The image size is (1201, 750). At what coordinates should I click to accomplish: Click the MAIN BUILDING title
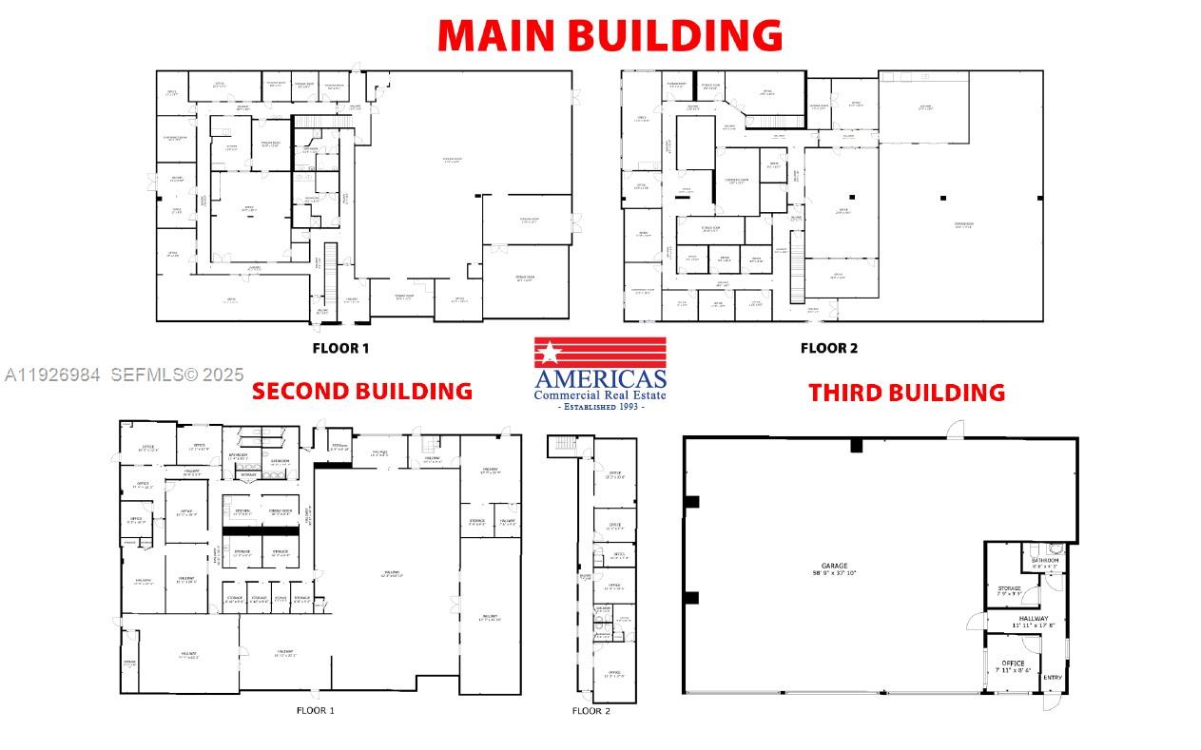click(610, 34)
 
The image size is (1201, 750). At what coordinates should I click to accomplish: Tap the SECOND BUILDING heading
click(361, 391)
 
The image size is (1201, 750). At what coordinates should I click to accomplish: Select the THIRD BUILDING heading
click(906, 392)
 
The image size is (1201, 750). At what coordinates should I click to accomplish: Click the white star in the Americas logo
click(549, 354)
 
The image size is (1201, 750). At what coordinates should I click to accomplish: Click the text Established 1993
click(600, 407)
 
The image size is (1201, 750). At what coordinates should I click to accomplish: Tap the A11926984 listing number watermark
click(52, 375)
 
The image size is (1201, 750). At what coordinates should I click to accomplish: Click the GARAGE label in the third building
click(834, 567)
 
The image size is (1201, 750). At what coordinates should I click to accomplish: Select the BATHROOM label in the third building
click(1044, 561)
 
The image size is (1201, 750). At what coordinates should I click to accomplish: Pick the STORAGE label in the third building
click(1009, 588)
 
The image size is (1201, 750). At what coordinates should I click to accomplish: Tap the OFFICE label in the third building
click(1013, 663)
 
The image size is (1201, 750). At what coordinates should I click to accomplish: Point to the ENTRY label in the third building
click(1053, 677)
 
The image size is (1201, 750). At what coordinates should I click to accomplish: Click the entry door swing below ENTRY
click(1051, 702)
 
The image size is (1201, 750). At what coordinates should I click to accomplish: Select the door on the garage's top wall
click(955, 430)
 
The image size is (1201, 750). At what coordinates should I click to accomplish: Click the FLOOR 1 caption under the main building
click(340, 348)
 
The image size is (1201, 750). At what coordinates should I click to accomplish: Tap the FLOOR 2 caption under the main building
click(828, 348)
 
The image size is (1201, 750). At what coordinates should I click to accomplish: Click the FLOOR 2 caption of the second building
click(591, 710)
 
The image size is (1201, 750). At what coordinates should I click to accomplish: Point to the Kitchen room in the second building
click(242, 511)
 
